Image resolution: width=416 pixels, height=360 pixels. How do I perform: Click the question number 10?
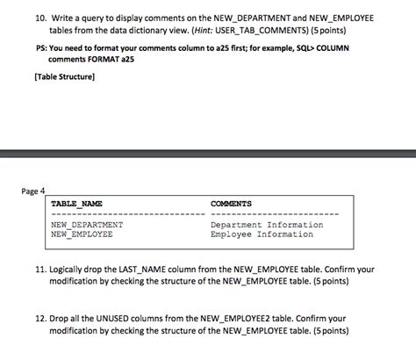click(x=40, y=18)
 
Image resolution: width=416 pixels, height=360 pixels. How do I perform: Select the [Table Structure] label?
click(x=64, y=76)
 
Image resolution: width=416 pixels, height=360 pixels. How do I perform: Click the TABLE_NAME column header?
click(x=77, y=205)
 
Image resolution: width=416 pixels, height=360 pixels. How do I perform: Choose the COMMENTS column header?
click(x=231, y=205)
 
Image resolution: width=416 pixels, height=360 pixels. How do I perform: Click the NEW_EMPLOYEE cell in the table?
click(x=82, y=234)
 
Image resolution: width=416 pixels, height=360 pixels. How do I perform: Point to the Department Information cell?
click(x=267, y=225)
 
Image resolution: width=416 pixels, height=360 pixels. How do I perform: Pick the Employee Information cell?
click(x=262, y=234)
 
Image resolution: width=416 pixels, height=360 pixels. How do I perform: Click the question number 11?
click(x=40, y=270)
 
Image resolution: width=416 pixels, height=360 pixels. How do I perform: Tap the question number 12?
click(x=40, y=319)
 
